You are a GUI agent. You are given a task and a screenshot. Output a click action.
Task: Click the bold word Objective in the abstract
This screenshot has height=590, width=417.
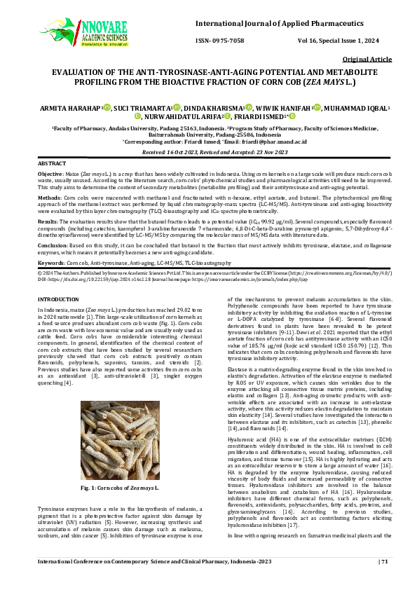click(x=50, y=172)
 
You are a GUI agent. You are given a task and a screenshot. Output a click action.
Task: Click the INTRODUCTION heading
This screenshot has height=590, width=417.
click(x=57, y=299)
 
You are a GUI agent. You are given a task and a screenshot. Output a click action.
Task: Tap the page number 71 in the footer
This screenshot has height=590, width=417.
click(x=385, y=580)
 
